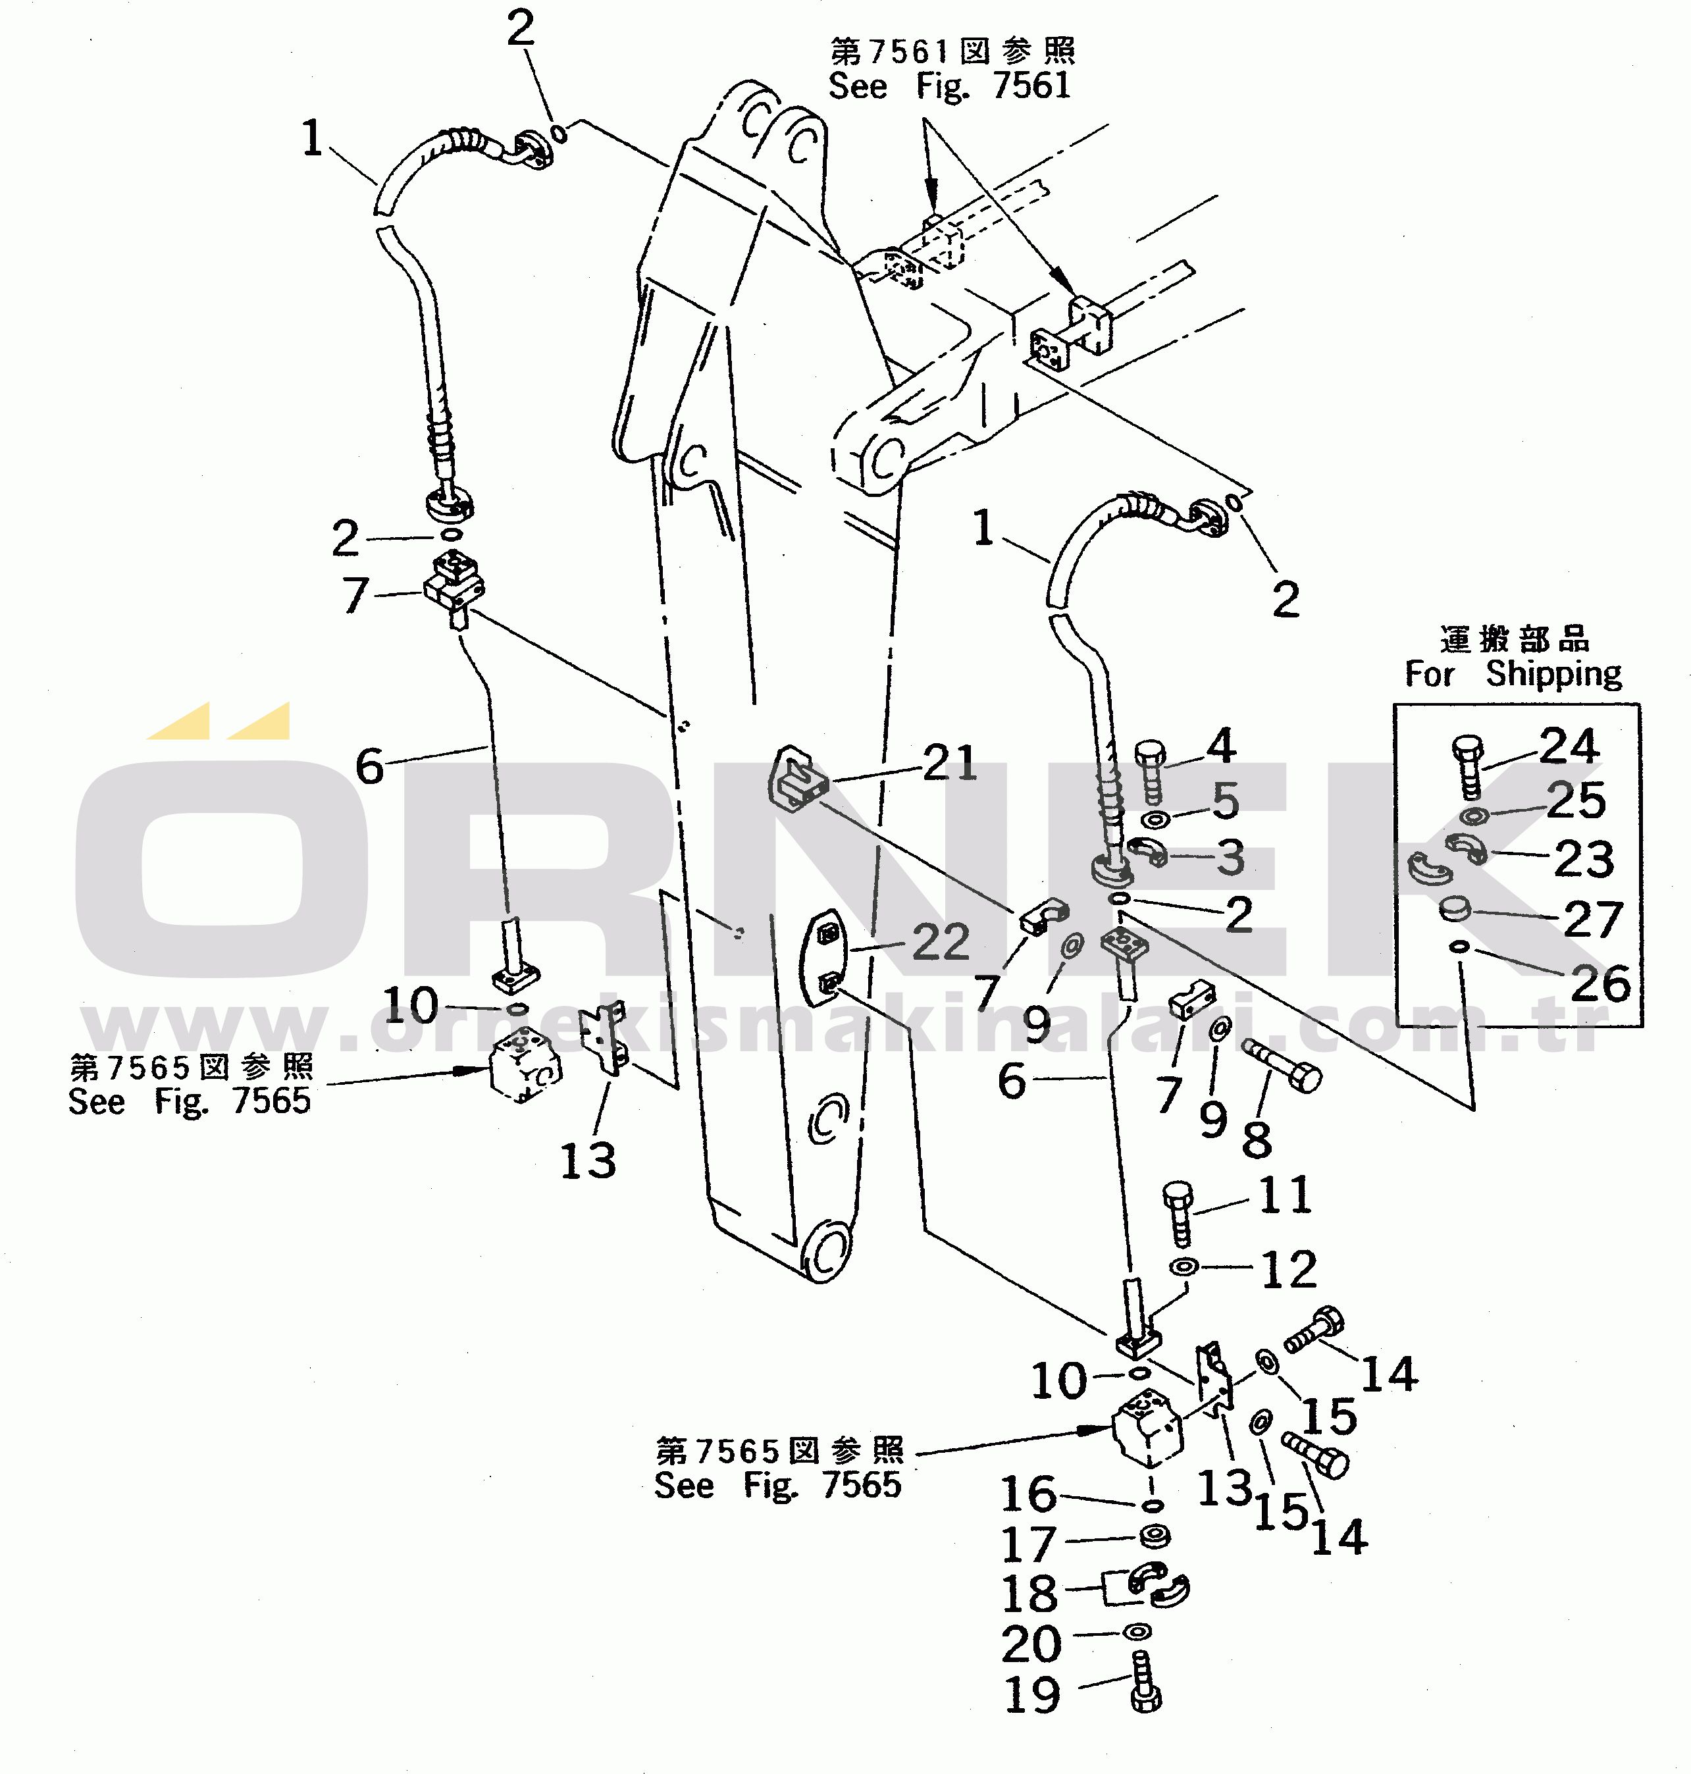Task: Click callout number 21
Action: pyautogui.click(x=950, y=763)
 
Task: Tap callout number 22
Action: pyautogui.click(x=940, y=942)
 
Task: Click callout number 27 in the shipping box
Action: pyautogui.click(x=1593, y=920)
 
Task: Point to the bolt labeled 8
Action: pyautogui.click(x=1283, y=1066)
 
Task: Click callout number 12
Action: pyautogui.click(x=1288, y=1269)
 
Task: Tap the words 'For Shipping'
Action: pyautogui.click(x=1513, y=673)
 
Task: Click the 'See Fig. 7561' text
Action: pyautogui.click(x=949, y=86)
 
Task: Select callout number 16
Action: pyautogui.click(x=1028, y=1494)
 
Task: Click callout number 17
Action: pyautogui.click(x=1028, y=1545)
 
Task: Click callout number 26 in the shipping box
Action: pyautogui.click(x=1600, y=983)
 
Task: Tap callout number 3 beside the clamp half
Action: pyautogui.click(x=1230, y=856)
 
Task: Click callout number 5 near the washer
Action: pyautogui.click(x=1225, y=800)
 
